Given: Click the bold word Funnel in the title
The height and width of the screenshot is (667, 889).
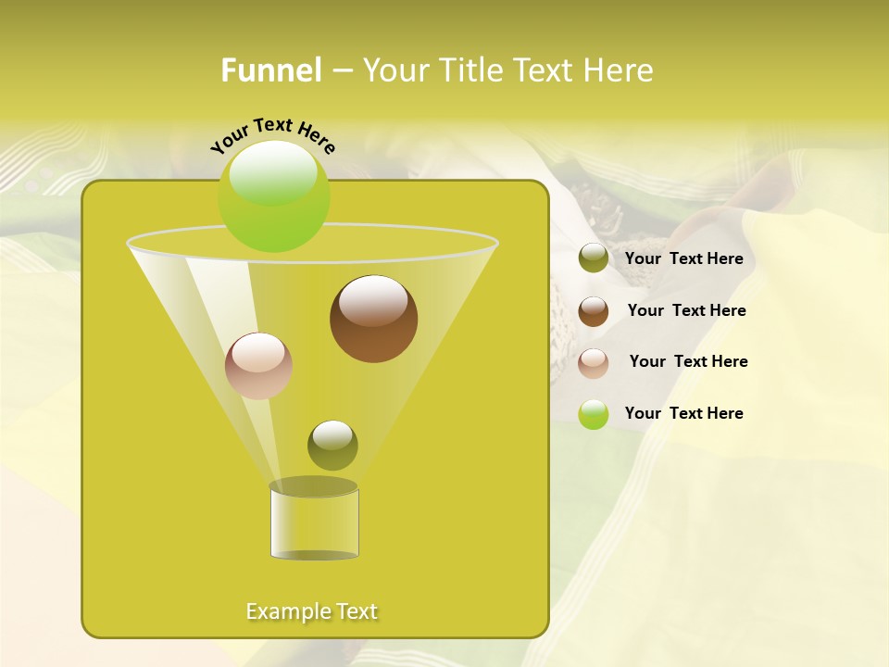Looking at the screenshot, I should [270, 70].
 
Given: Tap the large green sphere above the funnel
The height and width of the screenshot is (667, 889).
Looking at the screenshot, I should [273, 196].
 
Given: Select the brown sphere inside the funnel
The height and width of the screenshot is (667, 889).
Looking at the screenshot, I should [373, 319].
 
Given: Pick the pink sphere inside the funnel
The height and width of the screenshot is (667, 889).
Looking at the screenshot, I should [258, 366].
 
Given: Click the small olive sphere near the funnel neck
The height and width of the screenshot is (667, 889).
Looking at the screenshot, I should [332, 446].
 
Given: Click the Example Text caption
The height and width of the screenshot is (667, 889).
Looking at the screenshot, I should [311, 611].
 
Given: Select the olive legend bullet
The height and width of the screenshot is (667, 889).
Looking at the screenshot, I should [594, 258].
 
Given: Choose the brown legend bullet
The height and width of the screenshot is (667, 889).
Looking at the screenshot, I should [594, 311].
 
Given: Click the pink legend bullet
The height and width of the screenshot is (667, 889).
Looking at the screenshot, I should [594, 363].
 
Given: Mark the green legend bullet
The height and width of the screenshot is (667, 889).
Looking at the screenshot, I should [594, 414].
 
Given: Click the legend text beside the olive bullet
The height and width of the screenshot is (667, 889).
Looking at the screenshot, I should [683, 259].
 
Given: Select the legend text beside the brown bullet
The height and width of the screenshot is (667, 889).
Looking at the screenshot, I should [686, 311].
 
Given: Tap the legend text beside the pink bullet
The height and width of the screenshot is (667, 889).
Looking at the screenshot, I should [688, 362].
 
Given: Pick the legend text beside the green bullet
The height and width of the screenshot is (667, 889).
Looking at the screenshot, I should [683, 414].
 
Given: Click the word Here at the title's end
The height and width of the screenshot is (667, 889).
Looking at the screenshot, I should [620, 70].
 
